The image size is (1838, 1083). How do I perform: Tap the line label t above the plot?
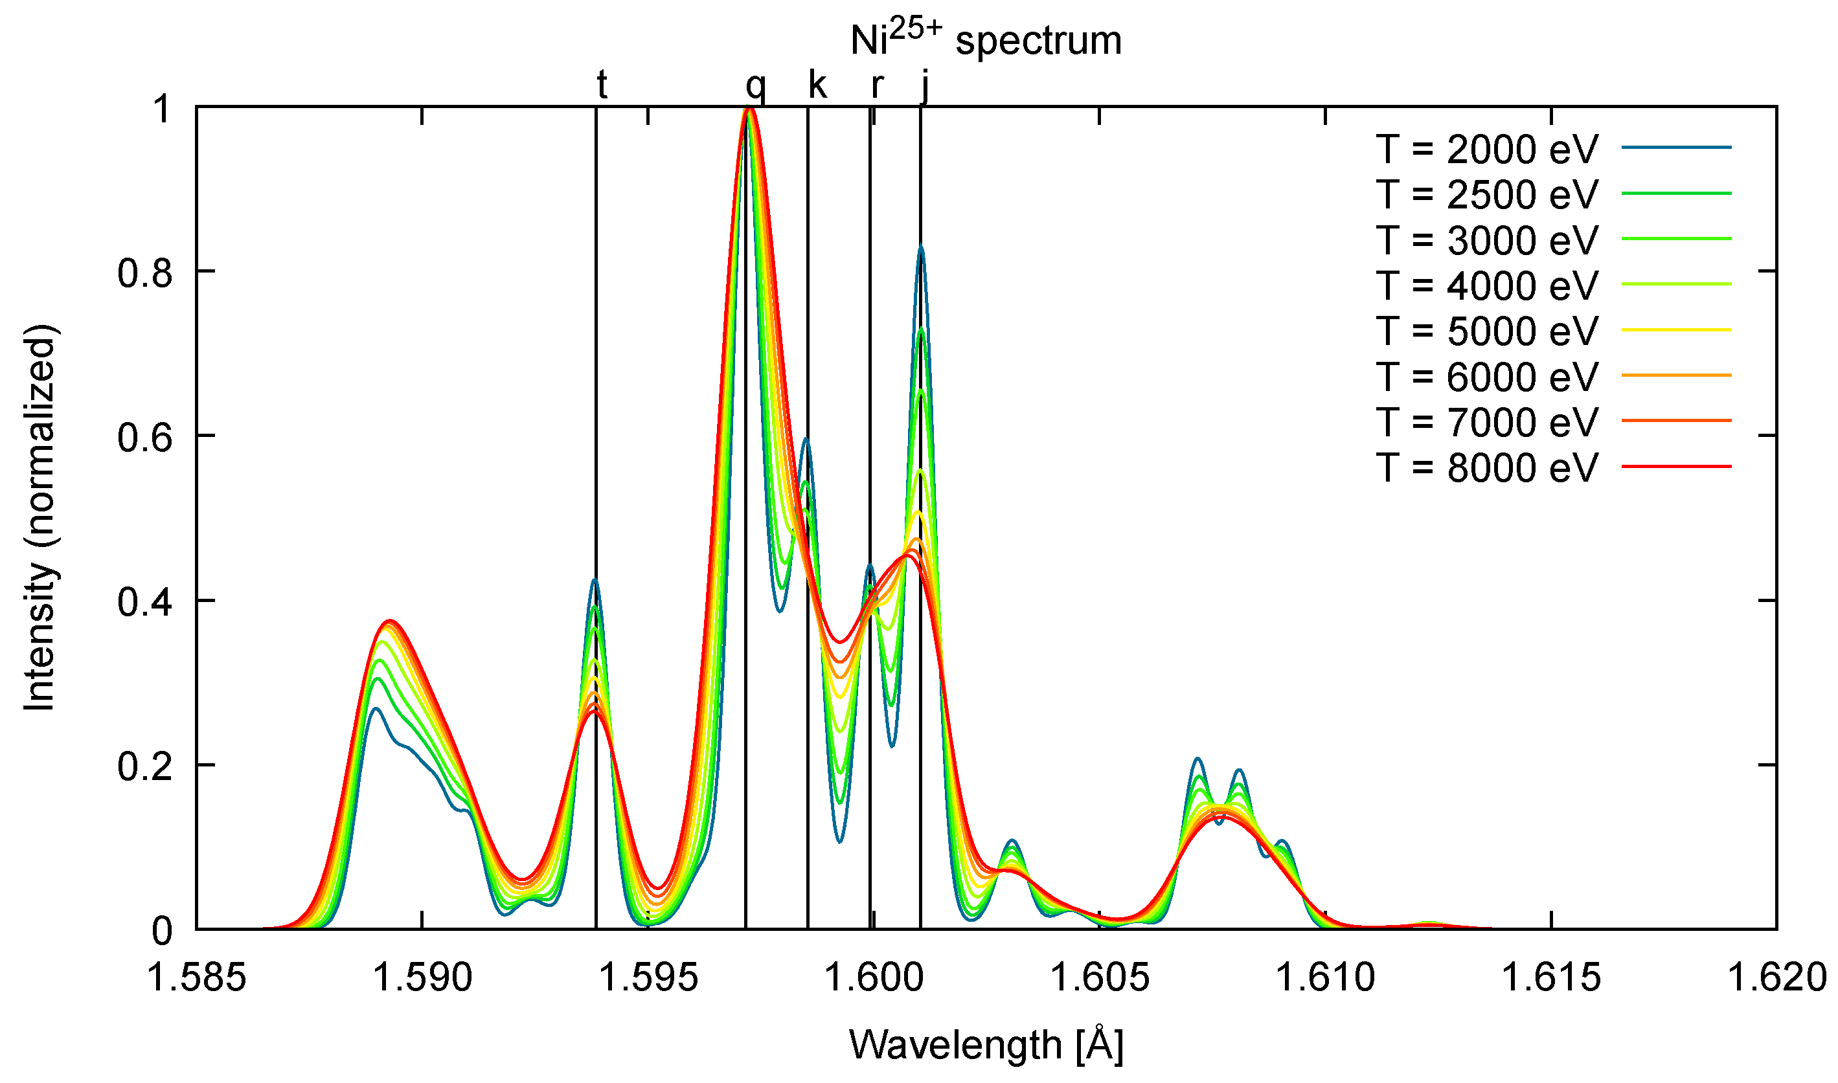[602, 85]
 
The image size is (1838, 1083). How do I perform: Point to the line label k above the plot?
[817, 85]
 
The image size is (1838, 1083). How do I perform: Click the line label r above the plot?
[877, 86]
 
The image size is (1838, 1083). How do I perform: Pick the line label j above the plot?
[925, 86]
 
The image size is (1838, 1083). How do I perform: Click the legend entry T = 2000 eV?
[1486, 149]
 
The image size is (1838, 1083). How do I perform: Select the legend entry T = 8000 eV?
[1486, 467]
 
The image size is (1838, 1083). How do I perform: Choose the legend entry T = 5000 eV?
[1486, 331]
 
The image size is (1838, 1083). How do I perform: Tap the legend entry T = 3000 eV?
[1486, 240]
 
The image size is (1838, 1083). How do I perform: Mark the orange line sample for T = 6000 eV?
[1676, 375]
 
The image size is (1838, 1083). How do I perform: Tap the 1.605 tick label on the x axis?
[1098, 978]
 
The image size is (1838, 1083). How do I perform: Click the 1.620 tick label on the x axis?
[1775, 978]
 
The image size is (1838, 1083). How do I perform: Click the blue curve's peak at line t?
[595, 580]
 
